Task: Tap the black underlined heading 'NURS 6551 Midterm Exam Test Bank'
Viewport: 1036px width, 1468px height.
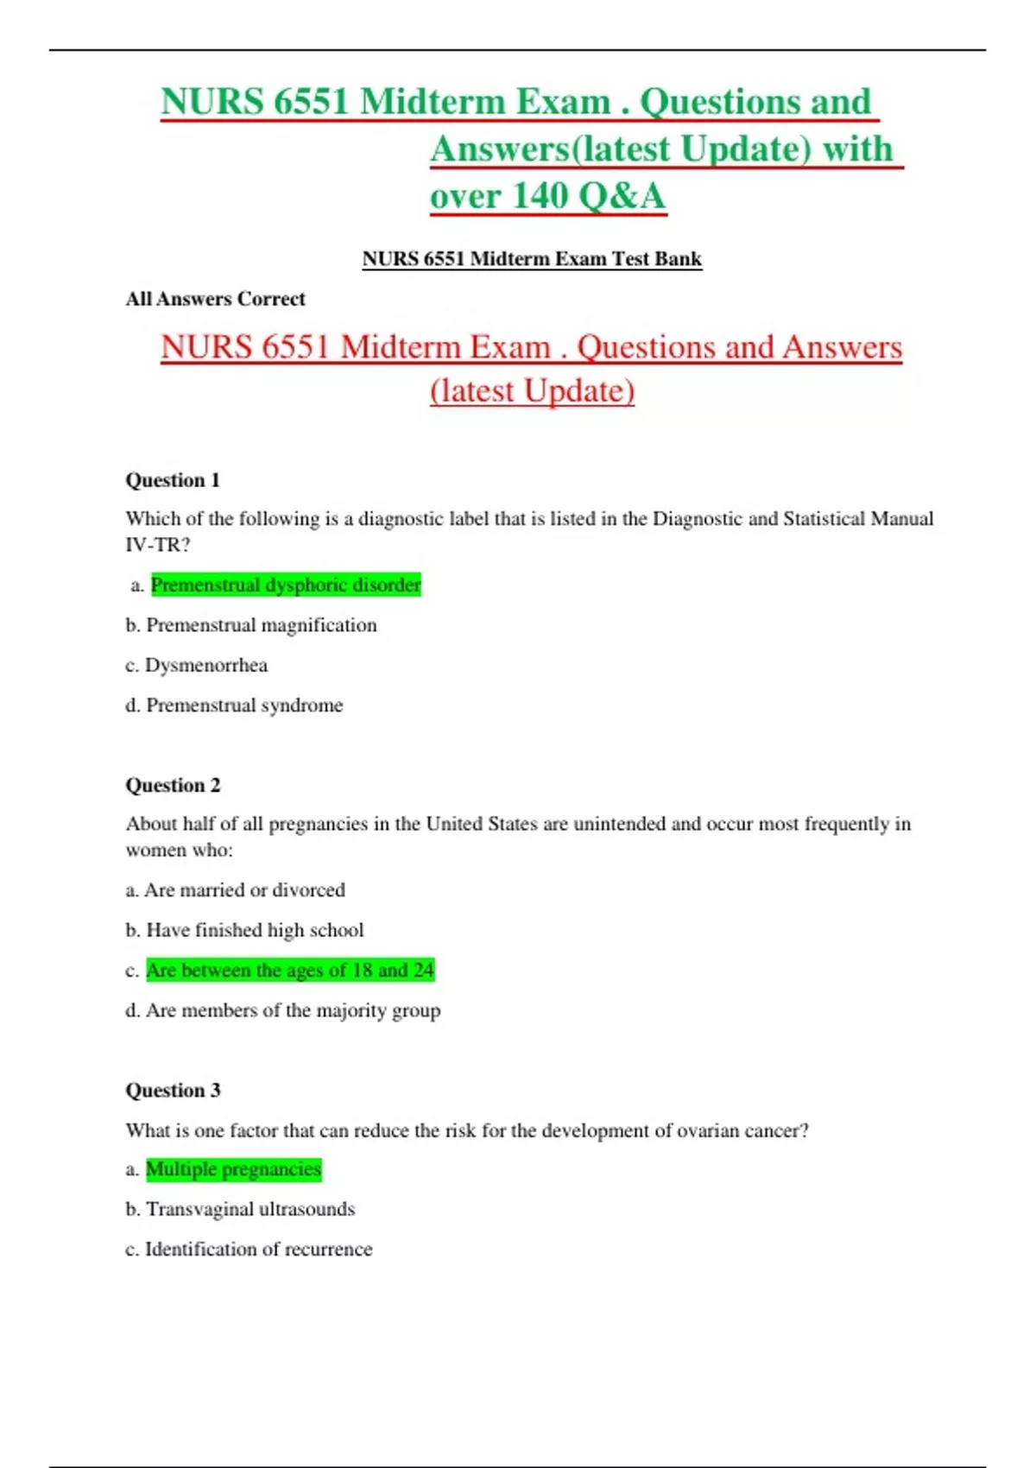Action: tap(532, 259)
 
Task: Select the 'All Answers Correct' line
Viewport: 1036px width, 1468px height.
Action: tap(215, 299)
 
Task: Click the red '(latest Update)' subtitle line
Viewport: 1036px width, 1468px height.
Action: tap(532, 391)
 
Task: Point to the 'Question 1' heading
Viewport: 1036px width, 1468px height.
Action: tap(173, 480)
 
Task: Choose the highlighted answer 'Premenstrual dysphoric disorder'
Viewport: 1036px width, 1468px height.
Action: tap(286, 585)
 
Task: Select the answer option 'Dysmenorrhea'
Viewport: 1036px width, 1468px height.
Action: tap(205, 665)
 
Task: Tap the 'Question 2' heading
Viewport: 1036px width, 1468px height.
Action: tap(173, 785)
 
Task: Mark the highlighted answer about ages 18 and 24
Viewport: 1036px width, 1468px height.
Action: tap(290, 970)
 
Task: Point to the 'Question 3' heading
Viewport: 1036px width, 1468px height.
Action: tap(173, 1091)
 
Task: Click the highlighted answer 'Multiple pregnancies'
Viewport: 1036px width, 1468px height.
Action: tap(233, 1169)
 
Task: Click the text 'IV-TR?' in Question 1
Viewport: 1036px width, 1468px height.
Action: tap(158, 545)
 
